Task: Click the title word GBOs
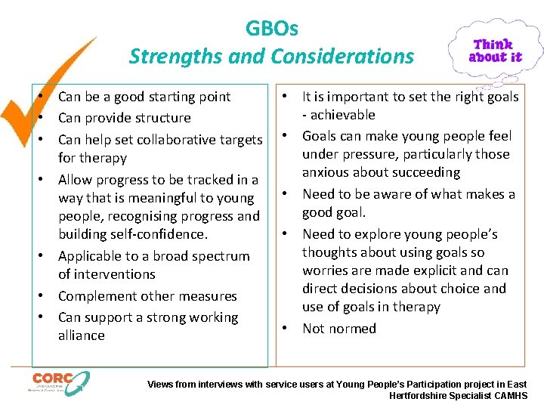[272, 29]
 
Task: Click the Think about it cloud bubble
[495, 50]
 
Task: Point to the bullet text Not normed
[338, 329]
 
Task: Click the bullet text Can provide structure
[124, 118]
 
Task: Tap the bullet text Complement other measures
[147, 296]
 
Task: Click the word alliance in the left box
[82, 335]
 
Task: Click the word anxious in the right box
[328, 172]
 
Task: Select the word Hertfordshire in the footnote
[422, 395]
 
